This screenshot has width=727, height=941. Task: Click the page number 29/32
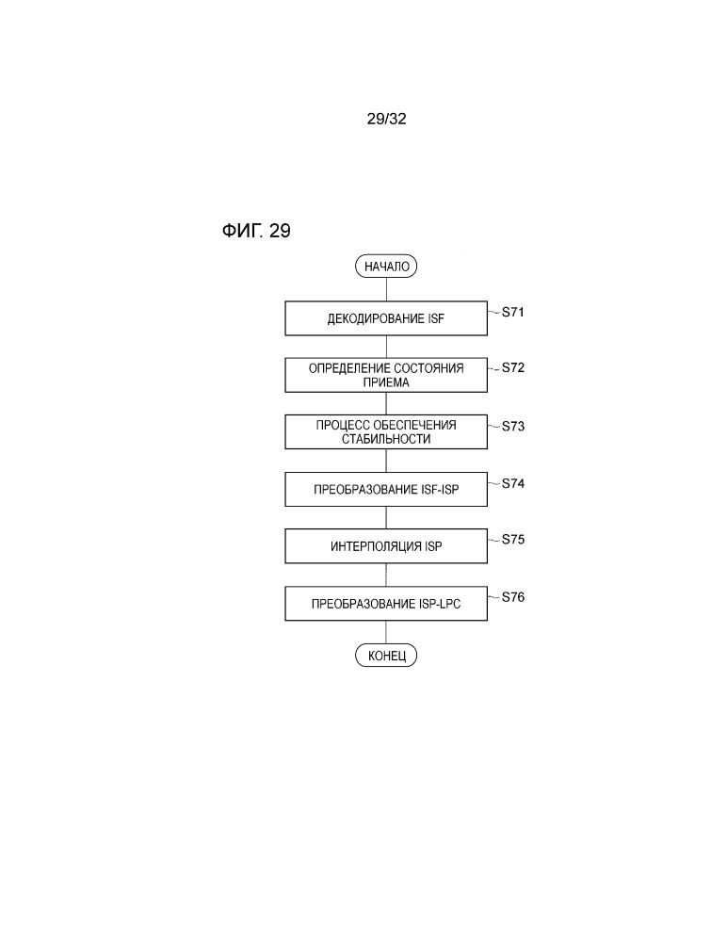click(386, 119)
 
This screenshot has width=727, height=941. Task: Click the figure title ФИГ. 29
click(256, 231)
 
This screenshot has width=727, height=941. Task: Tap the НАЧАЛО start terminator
click(386, 266)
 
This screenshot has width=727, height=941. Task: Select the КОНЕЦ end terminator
click(386, 656)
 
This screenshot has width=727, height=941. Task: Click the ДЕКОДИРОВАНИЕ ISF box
click(386, 318)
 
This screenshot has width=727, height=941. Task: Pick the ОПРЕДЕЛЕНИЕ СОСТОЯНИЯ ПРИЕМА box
click(386, 375)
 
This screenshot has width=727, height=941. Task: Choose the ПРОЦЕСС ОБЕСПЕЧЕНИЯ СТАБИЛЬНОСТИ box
click(386, 432)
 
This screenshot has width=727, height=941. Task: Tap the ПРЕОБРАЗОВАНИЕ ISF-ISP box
click(386, 489)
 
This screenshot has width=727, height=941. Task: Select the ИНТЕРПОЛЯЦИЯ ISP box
click(386, 546)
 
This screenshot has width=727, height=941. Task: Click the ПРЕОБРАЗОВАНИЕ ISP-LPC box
click(386, 603)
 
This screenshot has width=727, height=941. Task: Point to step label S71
click(513, 312)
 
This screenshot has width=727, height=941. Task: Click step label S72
click(513, 368)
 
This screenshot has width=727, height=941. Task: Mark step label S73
click(513, 426)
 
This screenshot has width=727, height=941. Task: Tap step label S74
click(513, 483)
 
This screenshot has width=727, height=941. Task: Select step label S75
click(513, 540)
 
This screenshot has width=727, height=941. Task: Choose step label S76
click(513, 597)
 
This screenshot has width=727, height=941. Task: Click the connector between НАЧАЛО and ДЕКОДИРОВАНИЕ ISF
click(386, 289)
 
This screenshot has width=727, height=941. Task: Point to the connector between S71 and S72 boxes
click(386, 347)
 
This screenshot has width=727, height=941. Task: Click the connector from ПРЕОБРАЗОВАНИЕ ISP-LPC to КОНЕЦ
click(386, 632)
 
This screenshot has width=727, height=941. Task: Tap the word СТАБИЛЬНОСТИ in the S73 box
click(386, 439)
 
